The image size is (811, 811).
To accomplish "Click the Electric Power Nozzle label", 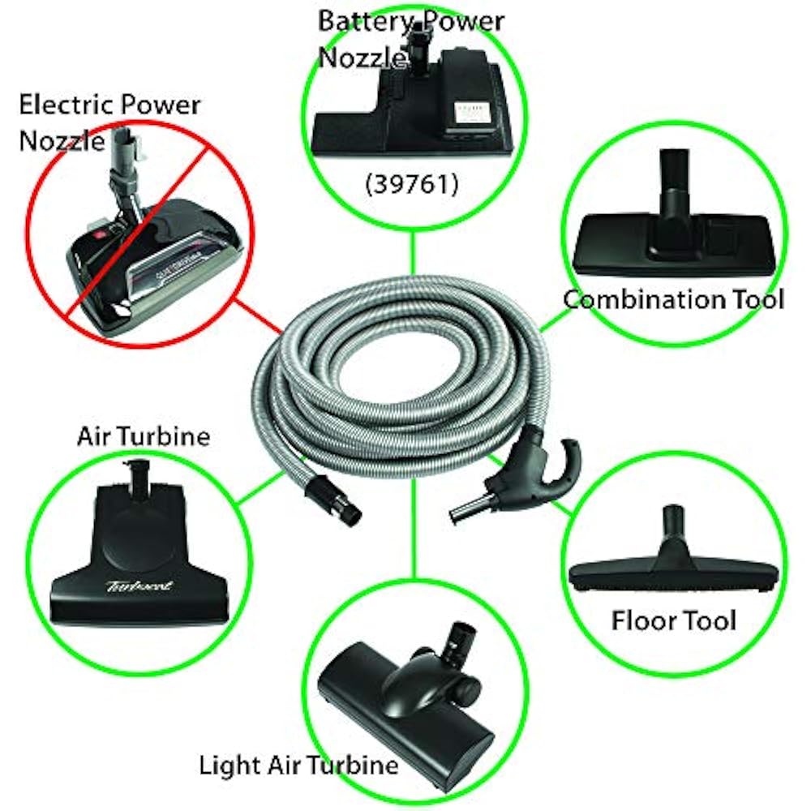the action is tap(109, 122).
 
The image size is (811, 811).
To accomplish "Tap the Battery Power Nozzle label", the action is tap(410, 36).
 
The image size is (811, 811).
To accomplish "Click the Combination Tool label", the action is tap(673, 299).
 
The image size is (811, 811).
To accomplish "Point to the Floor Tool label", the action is tap(673, 620).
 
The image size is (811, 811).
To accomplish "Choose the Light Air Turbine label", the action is tap(299, 764).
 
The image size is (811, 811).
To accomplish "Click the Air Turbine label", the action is tap(144, 437).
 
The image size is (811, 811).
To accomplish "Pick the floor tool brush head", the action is tap(673, 576).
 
